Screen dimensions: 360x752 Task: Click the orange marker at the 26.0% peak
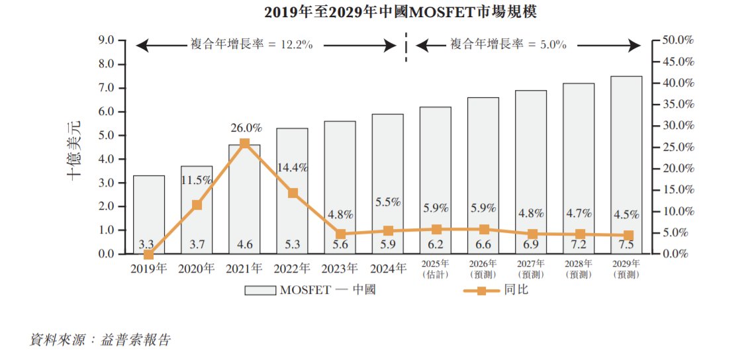[x=244, y=144]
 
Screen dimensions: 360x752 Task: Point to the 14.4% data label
[x=292, y=167]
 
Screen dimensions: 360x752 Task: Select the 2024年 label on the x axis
[x=387, y=269]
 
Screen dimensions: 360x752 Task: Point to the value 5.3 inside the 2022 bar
[x=292, y=245]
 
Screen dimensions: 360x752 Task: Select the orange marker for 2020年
[x=197, y=205]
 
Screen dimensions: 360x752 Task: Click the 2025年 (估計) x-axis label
[x=436, y=270]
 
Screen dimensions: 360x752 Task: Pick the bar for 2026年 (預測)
[x=483, y=175]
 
